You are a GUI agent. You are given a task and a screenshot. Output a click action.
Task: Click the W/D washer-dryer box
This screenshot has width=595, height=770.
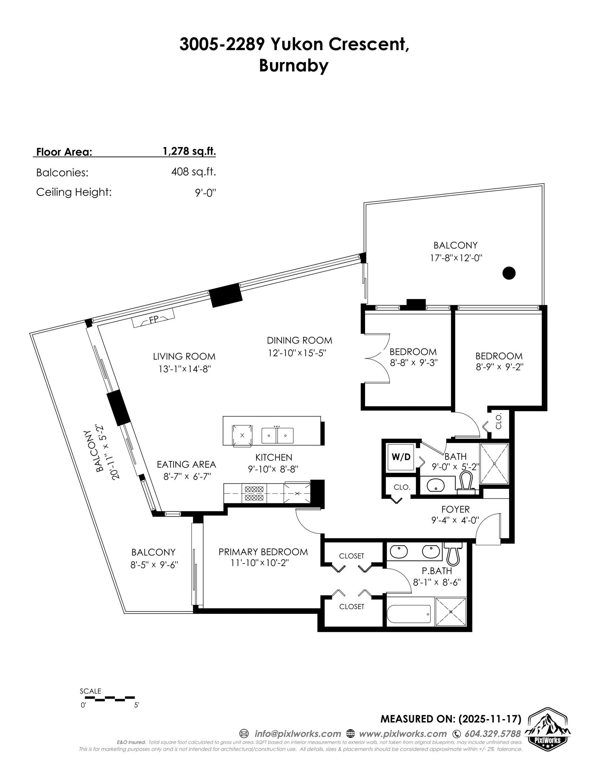tap(401, 457)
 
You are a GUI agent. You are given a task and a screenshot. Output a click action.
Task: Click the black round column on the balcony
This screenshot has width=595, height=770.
tap(508, 273)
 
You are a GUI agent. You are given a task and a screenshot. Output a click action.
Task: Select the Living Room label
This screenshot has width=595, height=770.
tap(184, 357)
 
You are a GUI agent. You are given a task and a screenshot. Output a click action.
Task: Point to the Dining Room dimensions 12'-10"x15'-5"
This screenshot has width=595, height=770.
tap(297, 353)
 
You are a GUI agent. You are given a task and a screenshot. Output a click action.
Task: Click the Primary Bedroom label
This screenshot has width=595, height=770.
tap(263, 552)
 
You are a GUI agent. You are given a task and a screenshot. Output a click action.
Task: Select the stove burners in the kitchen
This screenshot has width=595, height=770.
tap(254, 493)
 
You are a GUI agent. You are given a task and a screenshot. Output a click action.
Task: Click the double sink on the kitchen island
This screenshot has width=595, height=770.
tap(277, 435)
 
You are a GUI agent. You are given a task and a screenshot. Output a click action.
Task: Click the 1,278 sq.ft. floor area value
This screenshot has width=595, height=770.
tap(189, 151)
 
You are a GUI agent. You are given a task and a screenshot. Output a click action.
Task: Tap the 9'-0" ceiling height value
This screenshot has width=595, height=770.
tap(205, 192)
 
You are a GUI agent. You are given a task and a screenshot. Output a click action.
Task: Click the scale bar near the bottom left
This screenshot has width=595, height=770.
tap(108, 698)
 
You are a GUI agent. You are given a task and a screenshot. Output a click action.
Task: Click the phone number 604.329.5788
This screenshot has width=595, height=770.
tap(492, 734)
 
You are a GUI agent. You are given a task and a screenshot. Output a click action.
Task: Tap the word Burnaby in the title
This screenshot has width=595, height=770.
tap(293, 66)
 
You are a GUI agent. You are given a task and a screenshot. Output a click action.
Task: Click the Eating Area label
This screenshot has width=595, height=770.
tap(186, 464)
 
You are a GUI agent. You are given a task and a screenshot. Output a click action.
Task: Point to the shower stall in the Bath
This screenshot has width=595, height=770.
tap(494, 463)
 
